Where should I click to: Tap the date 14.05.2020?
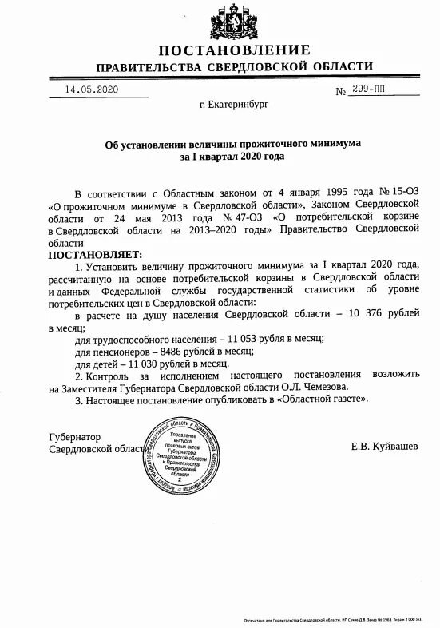92,89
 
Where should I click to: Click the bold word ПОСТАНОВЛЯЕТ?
91,255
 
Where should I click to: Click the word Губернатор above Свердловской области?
76,437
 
